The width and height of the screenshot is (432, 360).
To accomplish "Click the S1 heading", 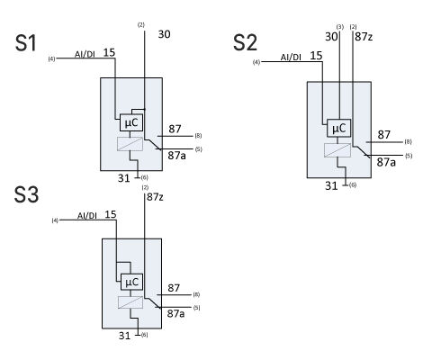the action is pos(26,43).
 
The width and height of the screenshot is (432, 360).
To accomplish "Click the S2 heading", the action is pos(245,42).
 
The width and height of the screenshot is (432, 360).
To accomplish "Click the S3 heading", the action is pos(26,194).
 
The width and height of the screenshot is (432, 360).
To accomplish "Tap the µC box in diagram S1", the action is pos(131,122).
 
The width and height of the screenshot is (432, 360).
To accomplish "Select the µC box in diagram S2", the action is pos(338,128).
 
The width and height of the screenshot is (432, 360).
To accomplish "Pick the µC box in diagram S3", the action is pos(131,282).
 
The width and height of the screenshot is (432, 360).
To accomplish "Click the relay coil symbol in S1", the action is pos(130,144).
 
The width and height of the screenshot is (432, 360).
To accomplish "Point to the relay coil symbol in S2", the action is pos(337,150).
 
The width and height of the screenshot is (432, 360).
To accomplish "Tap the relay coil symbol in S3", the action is pos(130,302).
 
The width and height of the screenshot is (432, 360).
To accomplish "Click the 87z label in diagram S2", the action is pos(364,37).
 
